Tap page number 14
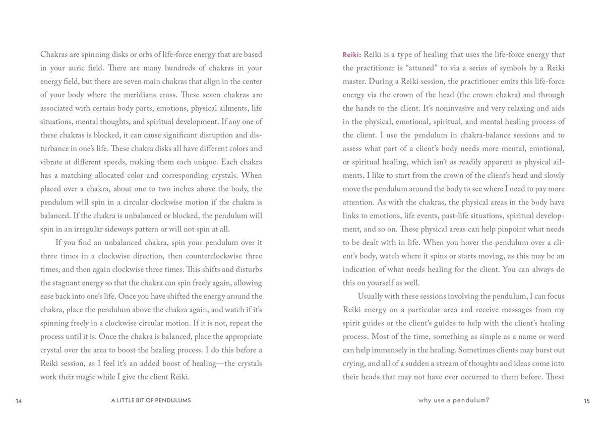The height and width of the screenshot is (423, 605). (19, 401)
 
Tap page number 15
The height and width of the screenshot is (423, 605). (586, 401)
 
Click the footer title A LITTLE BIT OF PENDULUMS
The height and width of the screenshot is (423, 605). (151, 401)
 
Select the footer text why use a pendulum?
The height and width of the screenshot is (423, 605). (454, 401)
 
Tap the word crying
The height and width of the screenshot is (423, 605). (356, 364)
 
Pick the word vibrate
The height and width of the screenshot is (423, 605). (53, 162)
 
